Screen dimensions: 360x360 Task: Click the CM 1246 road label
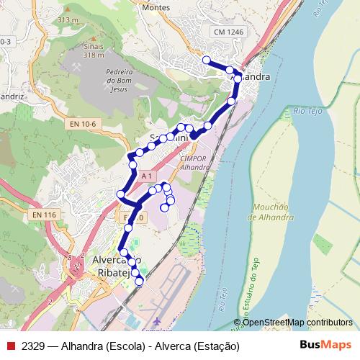tap(229, 32)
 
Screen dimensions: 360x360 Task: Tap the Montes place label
tap(156, 8)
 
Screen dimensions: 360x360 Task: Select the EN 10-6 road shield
tap(84, 125)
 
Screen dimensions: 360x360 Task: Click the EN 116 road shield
tap(44, 215)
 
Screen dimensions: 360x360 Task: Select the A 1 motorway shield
tap(146, 176)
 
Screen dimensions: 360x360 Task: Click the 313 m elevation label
tap(68, 19)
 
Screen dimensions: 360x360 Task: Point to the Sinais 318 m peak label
tap(94, 50)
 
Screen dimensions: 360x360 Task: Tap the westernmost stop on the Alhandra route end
tap(207, 60)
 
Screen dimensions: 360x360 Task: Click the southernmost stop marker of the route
tap(139, 281)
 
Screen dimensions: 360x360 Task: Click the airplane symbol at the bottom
tap(158, 319)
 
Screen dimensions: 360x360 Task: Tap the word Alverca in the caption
tap(170, 345)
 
